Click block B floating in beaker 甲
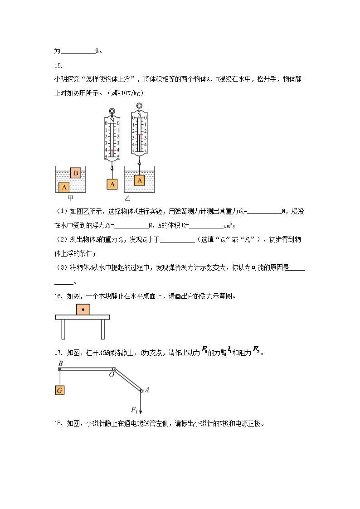76,173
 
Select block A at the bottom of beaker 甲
64,187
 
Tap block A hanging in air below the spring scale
112,184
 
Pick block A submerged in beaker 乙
139,180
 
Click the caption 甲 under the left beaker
70,198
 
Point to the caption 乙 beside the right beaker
127,198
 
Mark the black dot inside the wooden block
83,310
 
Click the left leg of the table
63,329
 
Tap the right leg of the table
103,329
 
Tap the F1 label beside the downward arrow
134,410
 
